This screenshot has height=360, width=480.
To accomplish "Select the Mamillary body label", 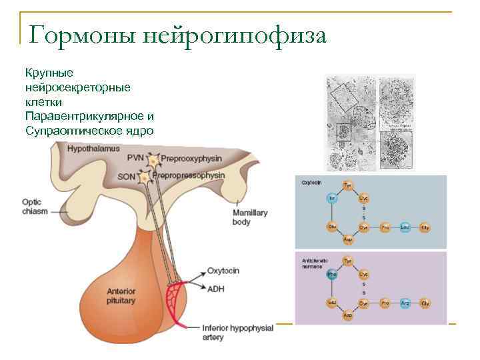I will (249, 217).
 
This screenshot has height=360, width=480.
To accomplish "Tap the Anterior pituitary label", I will (121, 296).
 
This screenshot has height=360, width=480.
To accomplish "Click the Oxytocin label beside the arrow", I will (223, 271).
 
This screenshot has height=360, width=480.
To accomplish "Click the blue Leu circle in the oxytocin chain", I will (404, 227).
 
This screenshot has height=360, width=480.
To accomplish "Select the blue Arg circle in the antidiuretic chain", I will (404, 303).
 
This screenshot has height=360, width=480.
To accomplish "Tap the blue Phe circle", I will (331, 274).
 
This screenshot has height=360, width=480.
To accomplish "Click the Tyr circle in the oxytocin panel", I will (347, 184).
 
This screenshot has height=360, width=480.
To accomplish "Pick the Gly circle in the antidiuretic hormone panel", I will (425, 303).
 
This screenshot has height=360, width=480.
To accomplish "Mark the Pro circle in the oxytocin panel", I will (385, 227).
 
